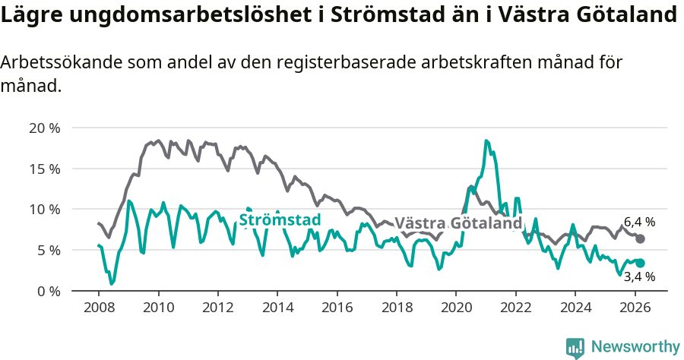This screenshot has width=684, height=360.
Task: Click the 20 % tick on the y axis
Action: [x=44, y=128]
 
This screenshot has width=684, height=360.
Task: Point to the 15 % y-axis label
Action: [x=44, y=169]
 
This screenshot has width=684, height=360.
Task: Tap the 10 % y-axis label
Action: [x=44, y=209]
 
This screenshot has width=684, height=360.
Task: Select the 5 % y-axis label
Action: [x=47, y=250]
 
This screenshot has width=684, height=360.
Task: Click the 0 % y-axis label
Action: [x=47, y=291]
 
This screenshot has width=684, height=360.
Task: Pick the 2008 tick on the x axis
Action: [x=99, y=308]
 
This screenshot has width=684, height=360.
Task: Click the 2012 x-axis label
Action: [x=217, y=308]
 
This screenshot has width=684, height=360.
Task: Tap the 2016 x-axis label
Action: [x=337, y=308]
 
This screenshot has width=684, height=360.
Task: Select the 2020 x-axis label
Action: [x=455, y=308]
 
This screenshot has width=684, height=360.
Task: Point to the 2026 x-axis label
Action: [x=634, y=308]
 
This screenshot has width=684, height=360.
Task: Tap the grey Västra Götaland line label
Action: [x=458, y=223]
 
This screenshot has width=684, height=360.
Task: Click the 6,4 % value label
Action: [x=639, y=223]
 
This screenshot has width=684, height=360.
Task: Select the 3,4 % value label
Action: [x=639, y=277]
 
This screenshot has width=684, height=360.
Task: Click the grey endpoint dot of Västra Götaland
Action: [x=640, y=238]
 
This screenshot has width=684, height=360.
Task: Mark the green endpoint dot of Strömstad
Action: [x=640, y=263]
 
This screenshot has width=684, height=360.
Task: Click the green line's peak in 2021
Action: [x=486, y=141]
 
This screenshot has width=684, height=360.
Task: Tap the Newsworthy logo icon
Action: [x=575, y=348]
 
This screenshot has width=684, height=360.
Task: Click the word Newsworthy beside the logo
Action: [x=635, y=347]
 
